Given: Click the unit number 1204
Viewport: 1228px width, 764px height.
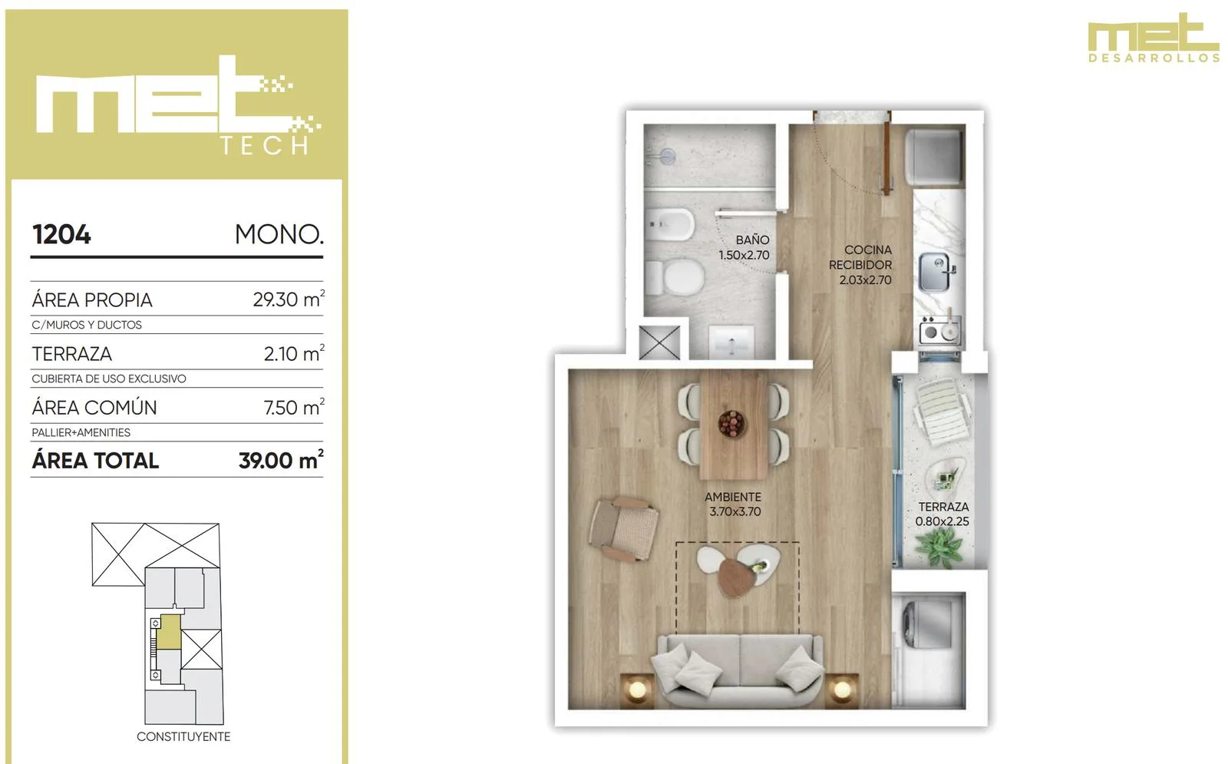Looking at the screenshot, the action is coord(61,235).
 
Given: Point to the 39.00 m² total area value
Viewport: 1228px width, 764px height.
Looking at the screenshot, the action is coord(281,460).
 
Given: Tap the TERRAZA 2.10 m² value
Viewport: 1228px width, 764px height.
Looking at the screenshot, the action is coord(294,353).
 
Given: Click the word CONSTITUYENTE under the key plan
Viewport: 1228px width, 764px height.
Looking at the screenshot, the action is coord(183,736).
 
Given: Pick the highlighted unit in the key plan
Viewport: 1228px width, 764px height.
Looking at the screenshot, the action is coord(170,632).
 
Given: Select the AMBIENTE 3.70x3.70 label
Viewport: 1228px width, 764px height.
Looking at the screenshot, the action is coord(734,504).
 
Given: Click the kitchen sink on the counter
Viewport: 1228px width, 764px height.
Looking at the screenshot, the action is coord(936,272).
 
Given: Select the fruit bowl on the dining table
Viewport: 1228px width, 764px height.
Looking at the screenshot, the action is coord(731,424).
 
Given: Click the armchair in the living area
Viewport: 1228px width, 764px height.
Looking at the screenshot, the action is coord(624,529).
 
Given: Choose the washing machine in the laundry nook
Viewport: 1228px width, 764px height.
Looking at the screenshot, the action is coord(928,623).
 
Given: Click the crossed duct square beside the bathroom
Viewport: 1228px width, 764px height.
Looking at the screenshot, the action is coord(659,342).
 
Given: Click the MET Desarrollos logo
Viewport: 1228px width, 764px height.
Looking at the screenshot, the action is coord(1154,38).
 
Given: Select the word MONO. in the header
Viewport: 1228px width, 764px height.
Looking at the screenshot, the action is coord(279,235).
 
